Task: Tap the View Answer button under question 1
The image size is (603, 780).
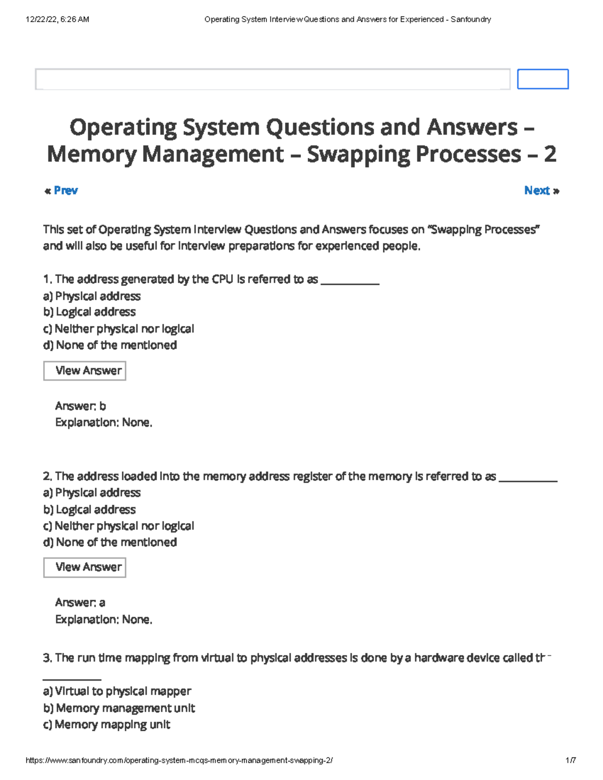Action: pos(84,371)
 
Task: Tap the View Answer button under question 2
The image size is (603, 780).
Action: pos(84,568)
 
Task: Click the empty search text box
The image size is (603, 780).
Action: pos(272,79)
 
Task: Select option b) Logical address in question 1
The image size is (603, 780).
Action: pos(89,312)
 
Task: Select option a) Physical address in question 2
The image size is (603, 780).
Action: pos(92,493)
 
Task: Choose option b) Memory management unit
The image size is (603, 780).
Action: pos(119,708)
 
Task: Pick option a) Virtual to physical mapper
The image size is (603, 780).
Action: pos(117,692)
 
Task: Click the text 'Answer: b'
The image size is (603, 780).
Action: pos(80,406)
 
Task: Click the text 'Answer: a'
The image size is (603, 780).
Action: pos(80,603)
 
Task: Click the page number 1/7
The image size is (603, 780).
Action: pos(570,760)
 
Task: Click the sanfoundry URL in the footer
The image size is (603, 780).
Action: pos(179,760)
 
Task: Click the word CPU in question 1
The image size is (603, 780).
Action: pos(223,279)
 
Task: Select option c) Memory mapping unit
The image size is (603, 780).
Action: pos(107,725)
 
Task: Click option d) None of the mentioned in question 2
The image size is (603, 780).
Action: pos(110,542)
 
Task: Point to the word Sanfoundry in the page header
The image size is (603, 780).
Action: pos(471,20)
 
